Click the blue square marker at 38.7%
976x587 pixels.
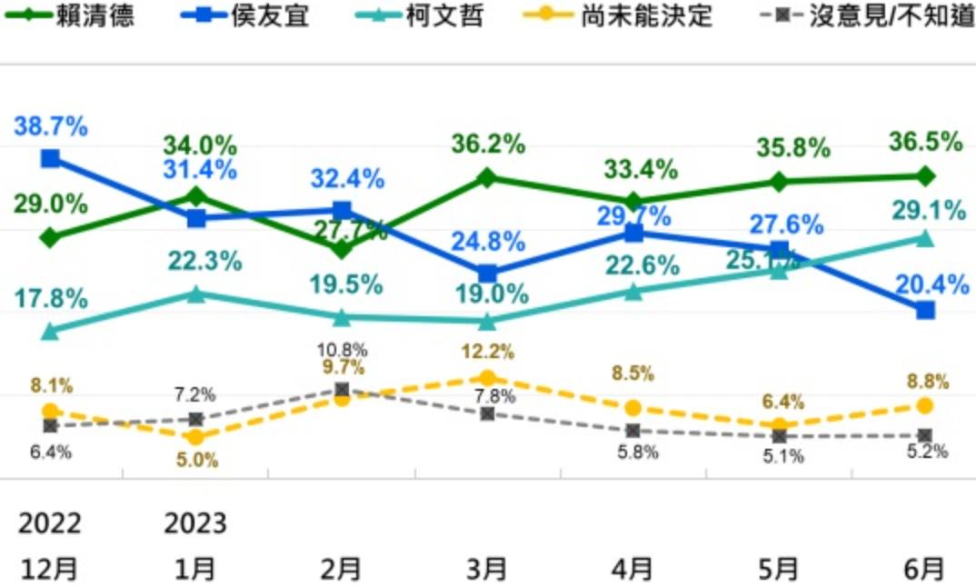[x=51, y=158]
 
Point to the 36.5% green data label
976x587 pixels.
[x=925, y=143]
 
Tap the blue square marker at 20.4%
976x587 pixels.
[x=925, y=310]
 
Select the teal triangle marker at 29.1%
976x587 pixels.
[x=925, y=238]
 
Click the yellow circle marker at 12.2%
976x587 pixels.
[x=487, y=378]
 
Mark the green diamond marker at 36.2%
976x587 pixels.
[x=487, y=177]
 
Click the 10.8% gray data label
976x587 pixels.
[x=342, y=349]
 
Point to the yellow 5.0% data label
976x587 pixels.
[x=197, y=460]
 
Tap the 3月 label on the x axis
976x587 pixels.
[x=487, y=569]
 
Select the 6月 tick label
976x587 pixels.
[x=924, y=569]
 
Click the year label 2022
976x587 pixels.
[x=50, y=524]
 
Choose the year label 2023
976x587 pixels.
[x=195, y=524]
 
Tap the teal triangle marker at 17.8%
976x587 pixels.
[x=51, y=332]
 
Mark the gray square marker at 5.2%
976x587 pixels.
[x=925, y=435]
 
